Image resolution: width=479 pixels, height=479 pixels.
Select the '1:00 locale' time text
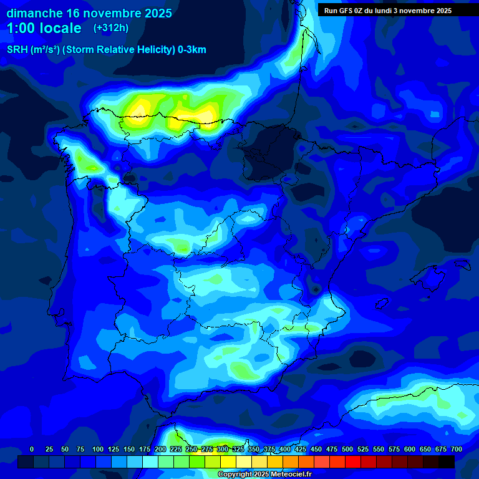[x=44, y=28]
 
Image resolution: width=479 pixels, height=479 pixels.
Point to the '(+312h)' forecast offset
[x=110, y=28]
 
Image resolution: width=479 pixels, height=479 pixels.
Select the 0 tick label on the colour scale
[x=32, y=449]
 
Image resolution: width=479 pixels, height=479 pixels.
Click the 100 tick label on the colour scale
[x=98, y=449]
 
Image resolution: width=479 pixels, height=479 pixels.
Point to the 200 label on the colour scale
[x=160, y=449]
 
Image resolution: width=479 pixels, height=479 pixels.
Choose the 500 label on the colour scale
[x=347, y=449]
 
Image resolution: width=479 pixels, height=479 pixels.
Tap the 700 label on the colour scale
[x=457, y=449]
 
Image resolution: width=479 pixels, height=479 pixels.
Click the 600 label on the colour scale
[x=410, y=449]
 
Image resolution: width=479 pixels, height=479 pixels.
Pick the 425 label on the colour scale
[x=301, y=449]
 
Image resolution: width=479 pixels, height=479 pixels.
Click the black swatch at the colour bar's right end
[x=447, y=462]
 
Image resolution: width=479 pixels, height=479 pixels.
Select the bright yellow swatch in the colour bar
[x=228, y=462]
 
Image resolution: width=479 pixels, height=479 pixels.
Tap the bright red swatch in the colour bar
[x=353, y=462]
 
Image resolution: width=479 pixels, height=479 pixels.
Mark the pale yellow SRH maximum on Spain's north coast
[x=206, y=115]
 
